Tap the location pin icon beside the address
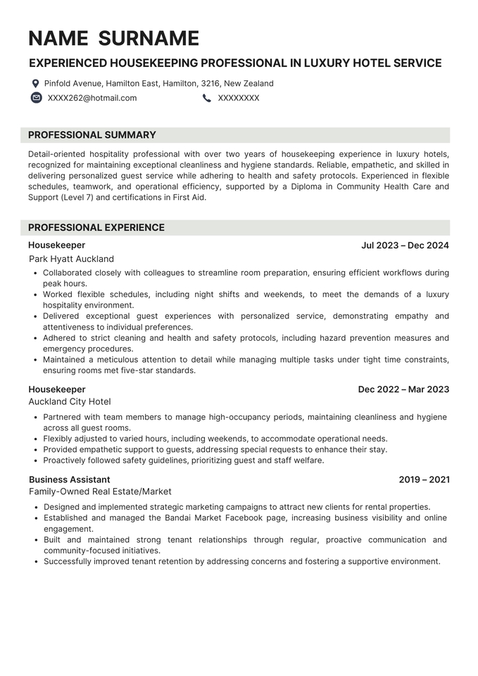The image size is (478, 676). (35, 83)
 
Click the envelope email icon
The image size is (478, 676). (37, 98)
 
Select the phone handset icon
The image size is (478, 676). (206, 98)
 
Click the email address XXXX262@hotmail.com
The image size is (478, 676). (92, 98)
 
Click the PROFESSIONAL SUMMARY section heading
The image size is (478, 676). (92, 135)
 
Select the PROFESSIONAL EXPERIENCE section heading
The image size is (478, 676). (96, 227)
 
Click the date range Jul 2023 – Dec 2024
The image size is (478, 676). (405, 246)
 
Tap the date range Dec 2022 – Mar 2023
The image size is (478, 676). (403, 389)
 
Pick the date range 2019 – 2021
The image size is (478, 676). (424, 480)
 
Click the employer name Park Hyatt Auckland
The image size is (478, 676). (71, 259)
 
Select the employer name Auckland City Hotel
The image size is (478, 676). (70, 402)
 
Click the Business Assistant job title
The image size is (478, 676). (69, 480)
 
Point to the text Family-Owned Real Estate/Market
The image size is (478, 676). (100, 492)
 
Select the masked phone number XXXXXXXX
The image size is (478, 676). (239, 98)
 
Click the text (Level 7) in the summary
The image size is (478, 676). (76, 198)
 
